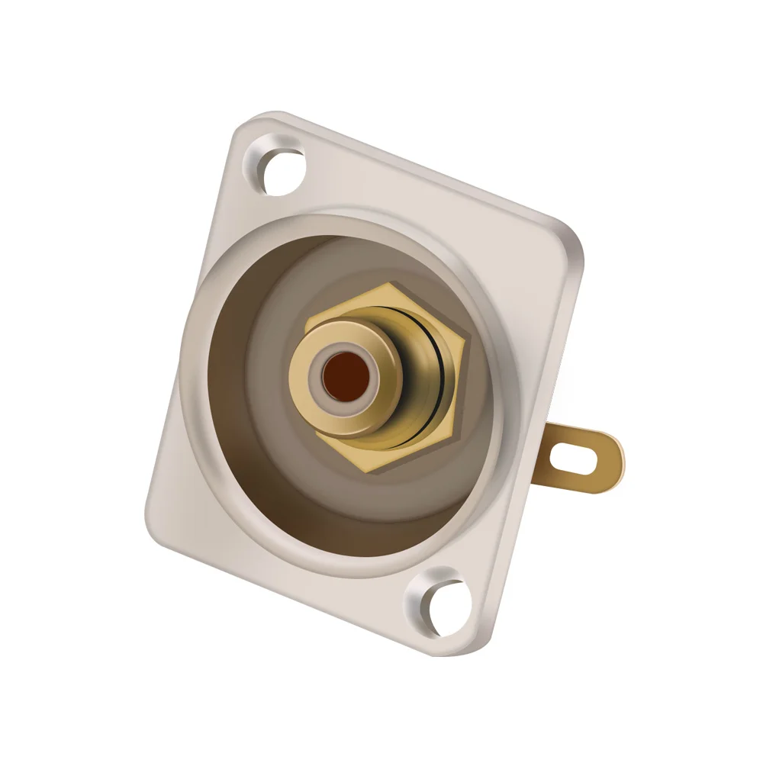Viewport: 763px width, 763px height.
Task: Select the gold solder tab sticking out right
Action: tap(580, 457)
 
